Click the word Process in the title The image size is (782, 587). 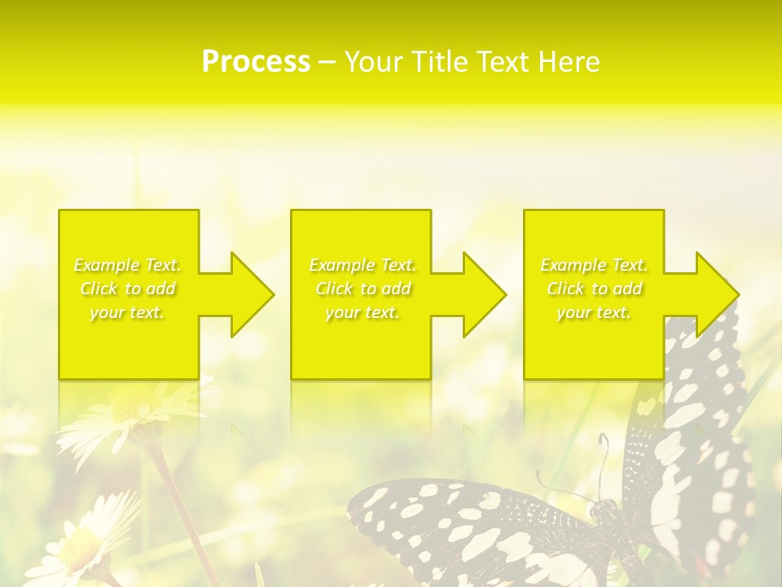coord(256,62)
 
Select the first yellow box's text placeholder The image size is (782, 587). coord(128,289)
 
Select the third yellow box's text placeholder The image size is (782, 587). coord(594,289)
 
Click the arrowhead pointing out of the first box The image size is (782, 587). coord(248,294)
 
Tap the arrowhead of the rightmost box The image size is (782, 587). coord(714,294)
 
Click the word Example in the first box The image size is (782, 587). coord(106,265)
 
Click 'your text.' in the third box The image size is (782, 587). coord(594,312)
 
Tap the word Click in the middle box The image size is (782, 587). coord(334,289)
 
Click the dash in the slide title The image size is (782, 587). coord(327,63)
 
